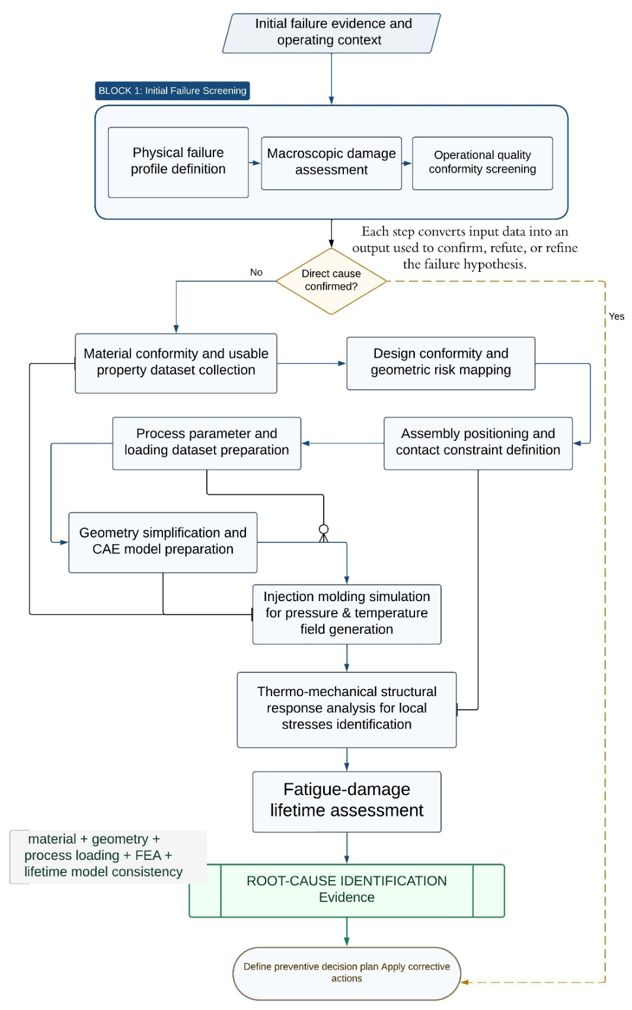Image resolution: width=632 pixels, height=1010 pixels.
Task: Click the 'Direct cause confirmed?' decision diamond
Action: (331, 281)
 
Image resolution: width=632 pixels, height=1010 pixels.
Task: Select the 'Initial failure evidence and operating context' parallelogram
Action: (331, 33)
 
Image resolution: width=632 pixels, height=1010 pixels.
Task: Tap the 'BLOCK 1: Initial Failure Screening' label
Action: (172, 91)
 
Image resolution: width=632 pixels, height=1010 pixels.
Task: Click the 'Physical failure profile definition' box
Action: (178, 163)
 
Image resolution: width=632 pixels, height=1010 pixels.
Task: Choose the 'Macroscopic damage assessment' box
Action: (331, 163)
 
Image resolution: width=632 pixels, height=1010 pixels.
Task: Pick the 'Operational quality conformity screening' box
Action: (482, 163)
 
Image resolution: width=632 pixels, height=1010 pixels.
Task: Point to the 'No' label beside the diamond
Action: (256, 272)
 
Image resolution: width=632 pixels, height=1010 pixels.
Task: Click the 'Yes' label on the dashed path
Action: (616, 316)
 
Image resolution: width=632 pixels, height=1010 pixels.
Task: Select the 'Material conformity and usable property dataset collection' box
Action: (175, 363)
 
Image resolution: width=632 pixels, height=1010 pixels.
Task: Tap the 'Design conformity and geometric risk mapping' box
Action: (441, 363)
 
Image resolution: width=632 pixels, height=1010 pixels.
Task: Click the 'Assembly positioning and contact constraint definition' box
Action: (478, 443)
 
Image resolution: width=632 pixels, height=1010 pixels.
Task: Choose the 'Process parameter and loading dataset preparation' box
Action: (206, 443)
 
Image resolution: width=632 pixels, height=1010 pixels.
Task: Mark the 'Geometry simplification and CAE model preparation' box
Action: (162, 542)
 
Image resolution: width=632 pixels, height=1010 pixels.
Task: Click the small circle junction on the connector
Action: (324, 529)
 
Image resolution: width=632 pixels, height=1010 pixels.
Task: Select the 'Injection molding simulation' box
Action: (346, 614)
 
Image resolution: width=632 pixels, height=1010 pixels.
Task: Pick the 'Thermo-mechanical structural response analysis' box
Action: (346, 710)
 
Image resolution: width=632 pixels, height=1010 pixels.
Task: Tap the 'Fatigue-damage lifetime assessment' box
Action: (346, 802)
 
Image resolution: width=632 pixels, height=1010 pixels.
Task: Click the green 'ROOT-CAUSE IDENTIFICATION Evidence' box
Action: (346, 891)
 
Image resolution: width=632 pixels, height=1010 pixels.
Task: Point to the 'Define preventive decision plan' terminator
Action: (346, 973)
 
